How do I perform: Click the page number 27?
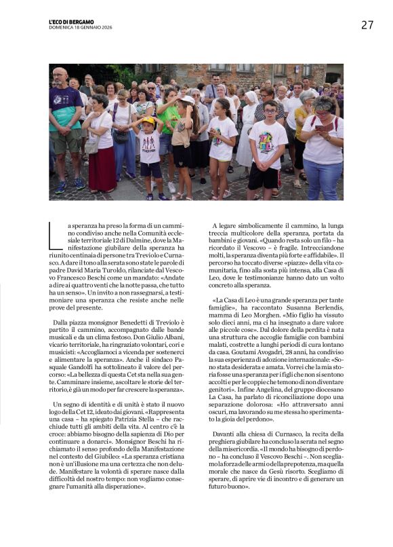(x=367, y=25)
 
